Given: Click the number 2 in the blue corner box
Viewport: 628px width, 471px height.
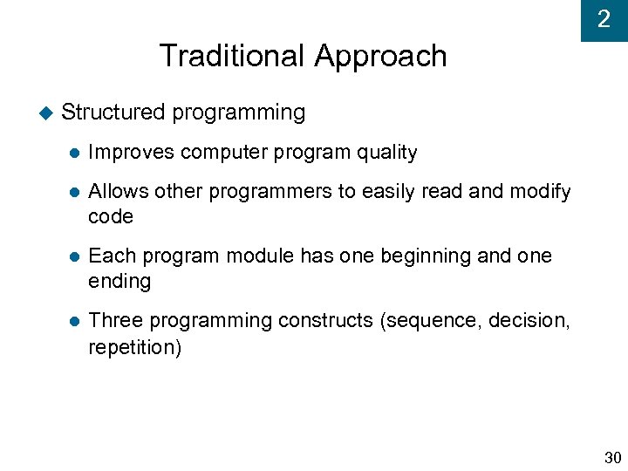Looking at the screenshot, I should [604, 19].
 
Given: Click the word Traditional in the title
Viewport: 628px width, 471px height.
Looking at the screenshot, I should [233, 57].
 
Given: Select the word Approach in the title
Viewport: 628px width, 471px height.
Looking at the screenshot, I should [380, 57].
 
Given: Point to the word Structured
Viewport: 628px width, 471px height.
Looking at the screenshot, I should [113, 113].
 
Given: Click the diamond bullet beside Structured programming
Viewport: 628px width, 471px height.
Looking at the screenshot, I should [45, 113].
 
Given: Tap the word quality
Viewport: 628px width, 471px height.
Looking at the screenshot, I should [387, 153].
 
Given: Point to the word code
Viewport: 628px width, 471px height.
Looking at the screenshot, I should [111, 216].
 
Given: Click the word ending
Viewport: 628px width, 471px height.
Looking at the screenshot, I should [119, 282].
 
